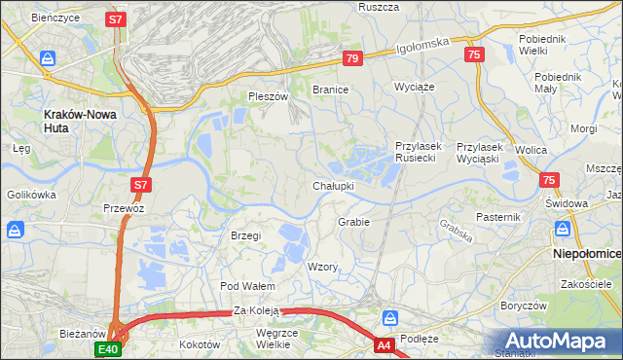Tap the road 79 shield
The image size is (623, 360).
[353, 59]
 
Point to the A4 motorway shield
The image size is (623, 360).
[385, 344]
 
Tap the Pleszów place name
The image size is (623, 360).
[269, 97]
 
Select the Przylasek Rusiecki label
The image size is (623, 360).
[419, 152]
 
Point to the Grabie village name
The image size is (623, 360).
[353, 222]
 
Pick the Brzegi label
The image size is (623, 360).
[246, 235]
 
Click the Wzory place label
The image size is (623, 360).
[322, 267]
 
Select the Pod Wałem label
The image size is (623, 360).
[247, 286]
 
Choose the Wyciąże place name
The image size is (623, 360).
[413, 87]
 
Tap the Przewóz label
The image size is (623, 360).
[124, 208]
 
